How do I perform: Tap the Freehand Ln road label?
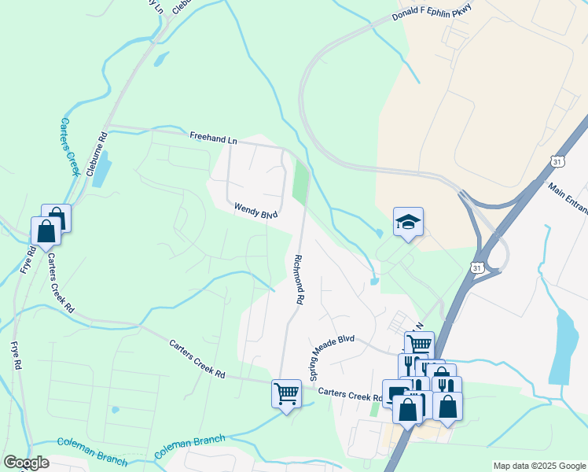(x=213, y=137)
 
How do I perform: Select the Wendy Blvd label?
(x=256, y=211)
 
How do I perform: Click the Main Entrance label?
(x=568, y=201)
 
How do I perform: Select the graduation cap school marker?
(x=409, y=223)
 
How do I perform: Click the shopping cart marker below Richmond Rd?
(x=286, y=393)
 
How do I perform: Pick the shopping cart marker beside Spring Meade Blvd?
(x=419, y=345)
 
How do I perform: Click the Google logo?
(x=26, y=463)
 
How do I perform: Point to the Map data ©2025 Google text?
(x=538, y=466)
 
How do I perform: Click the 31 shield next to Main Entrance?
(x=557, y=160)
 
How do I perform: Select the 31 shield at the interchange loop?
(x=479, y=268)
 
